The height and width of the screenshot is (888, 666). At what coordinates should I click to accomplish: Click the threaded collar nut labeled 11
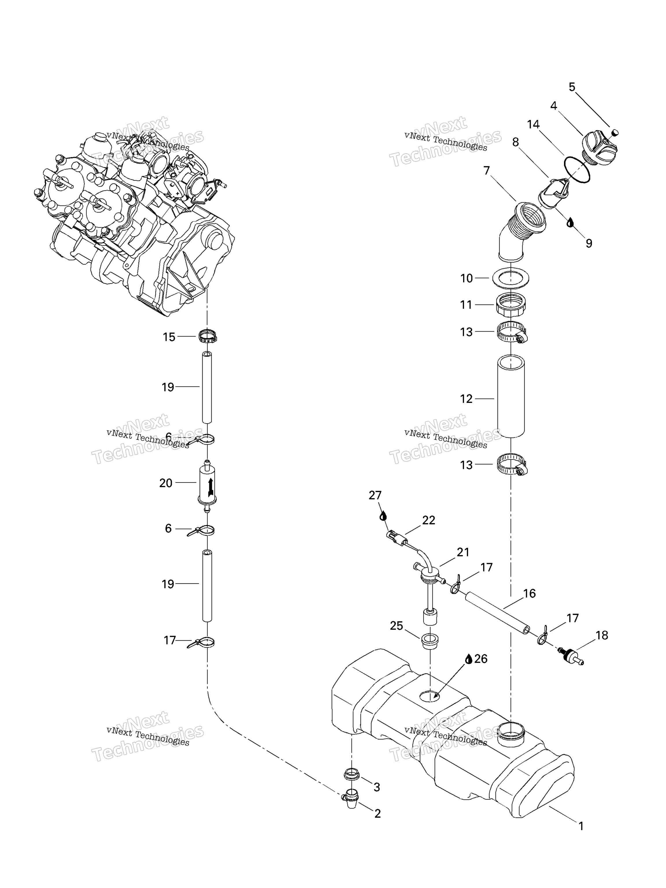pyautogui.click(x=511, y=305)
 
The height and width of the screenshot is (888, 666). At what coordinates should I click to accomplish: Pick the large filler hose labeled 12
pyautogui.click(x=511, y=397)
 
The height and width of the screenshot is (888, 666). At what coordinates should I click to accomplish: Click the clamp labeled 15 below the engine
pyautogui.click(x=208, y=336)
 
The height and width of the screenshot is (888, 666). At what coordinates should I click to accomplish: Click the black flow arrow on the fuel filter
pyautogui.click(x=210, y=486)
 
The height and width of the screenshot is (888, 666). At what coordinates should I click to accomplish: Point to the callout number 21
pyautogui.click(x=463, y=552)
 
